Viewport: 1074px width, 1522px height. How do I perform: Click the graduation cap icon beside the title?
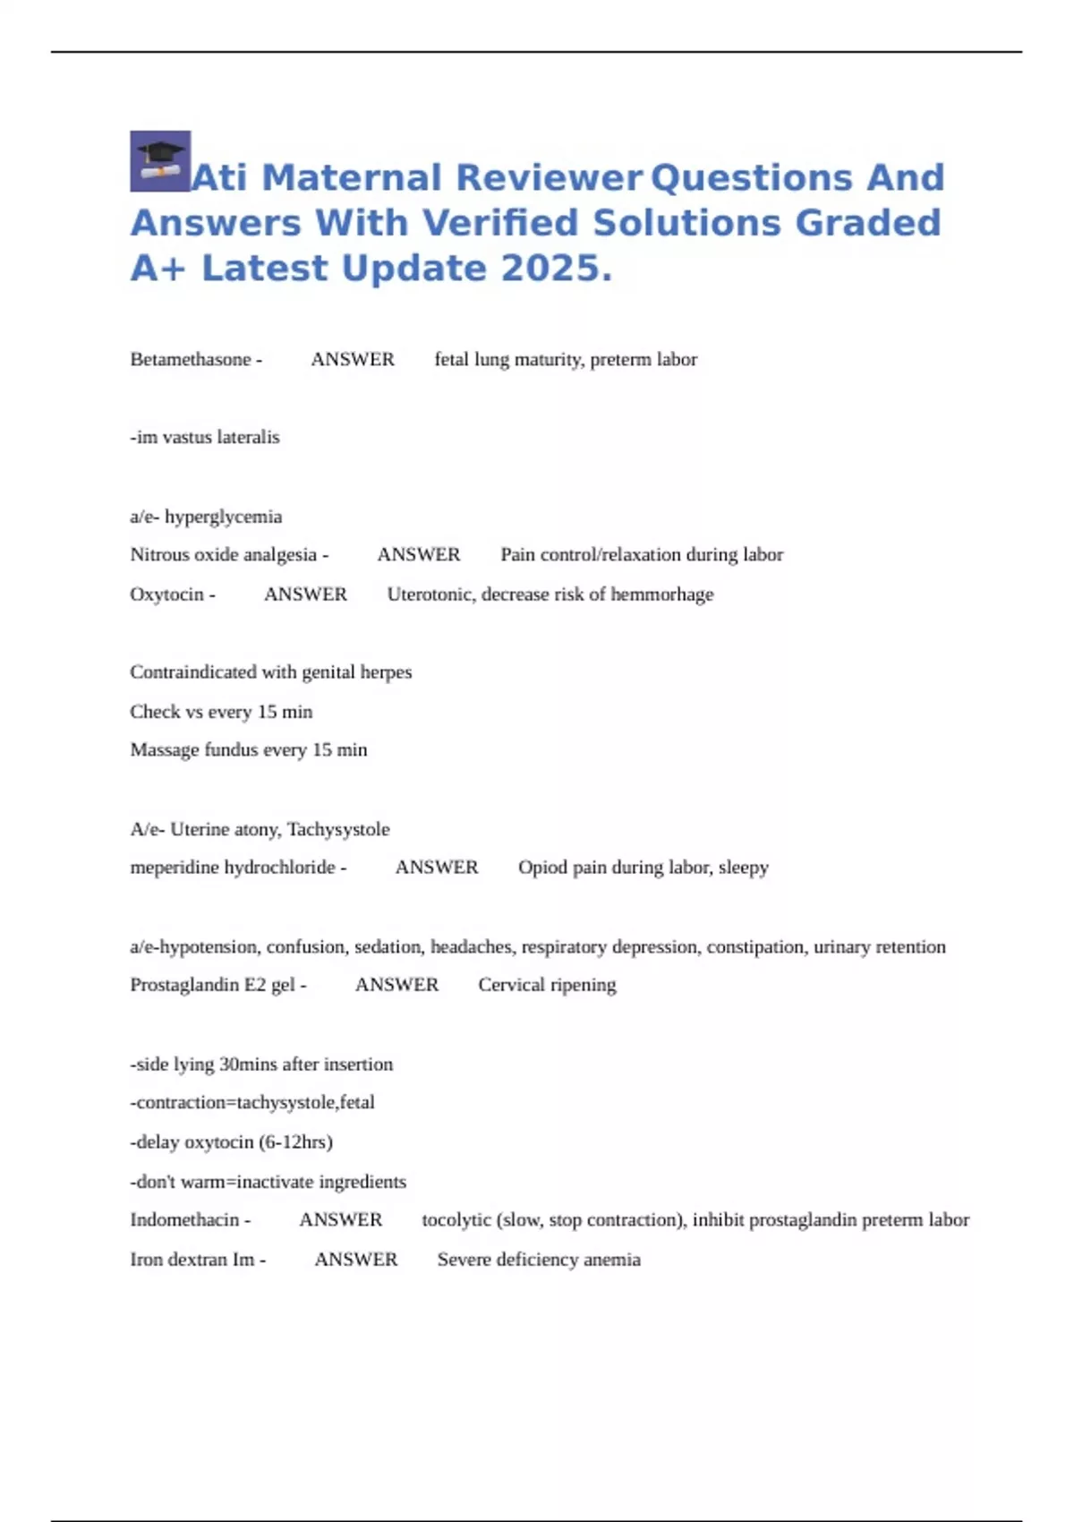coord(160,161)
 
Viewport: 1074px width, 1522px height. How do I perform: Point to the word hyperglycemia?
coord(223,517)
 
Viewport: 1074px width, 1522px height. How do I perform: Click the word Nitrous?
coord(159,555)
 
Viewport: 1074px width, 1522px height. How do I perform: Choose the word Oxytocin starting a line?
coord(167,594)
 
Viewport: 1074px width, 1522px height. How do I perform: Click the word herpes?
coord(386,672)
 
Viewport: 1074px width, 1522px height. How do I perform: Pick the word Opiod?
coord(541,868)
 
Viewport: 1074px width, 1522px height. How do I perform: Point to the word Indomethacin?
coord(184,1220)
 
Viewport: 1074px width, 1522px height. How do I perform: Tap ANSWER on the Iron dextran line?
coord(356,1260)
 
